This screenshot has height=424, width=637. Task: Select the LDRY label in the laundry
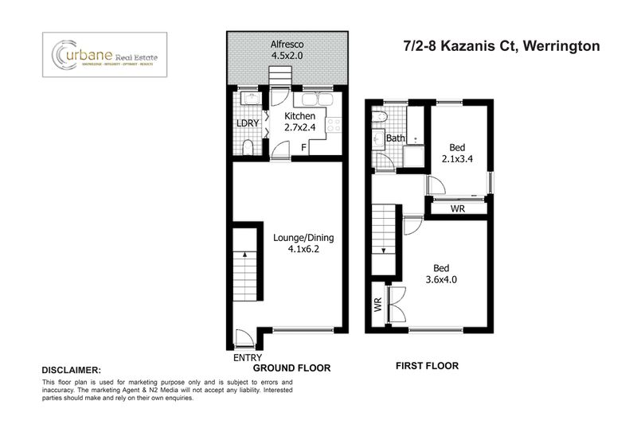point(247,123)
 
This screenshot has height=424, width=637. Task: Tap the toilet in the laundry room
point(248,148)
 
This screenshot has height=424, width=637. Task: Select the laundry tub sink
point(248,100)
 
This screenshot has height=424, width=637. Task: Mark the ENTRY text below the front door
point(247,358)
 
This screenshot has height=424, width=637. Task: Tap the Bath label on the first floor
point(396,138)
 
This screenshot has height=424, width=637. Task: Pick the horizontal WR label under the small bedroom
point(458,208)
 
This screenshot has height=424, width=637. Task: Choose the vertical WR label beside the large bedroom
point(377,304)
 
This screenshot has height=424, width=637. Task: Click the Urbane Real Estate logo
point(104,54)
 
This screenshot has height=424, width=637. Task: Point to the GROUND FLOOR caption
point(291,369)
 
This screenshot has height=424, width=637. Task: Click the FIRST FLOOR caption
point(427,366)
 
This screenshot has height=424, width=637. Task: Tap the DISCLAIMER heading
point(71,371)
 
